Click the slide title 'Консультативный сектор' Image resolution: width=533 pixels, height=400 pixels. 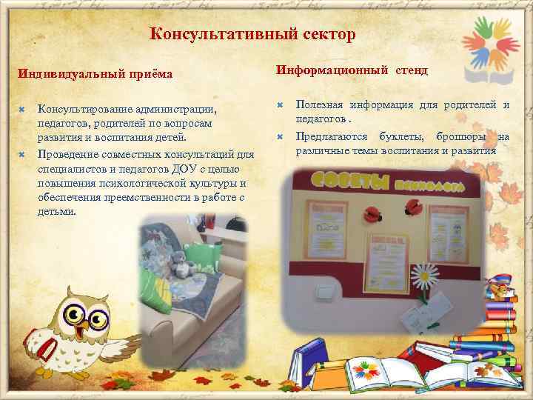point(252,34)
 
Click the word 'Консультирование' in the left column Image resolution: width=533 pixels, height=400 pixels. point(81,109)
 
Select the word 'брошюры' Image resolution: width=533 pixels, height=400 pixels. point(462,136)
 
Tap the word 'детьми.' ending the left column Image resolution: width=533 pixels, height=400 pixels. point(56,211)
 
